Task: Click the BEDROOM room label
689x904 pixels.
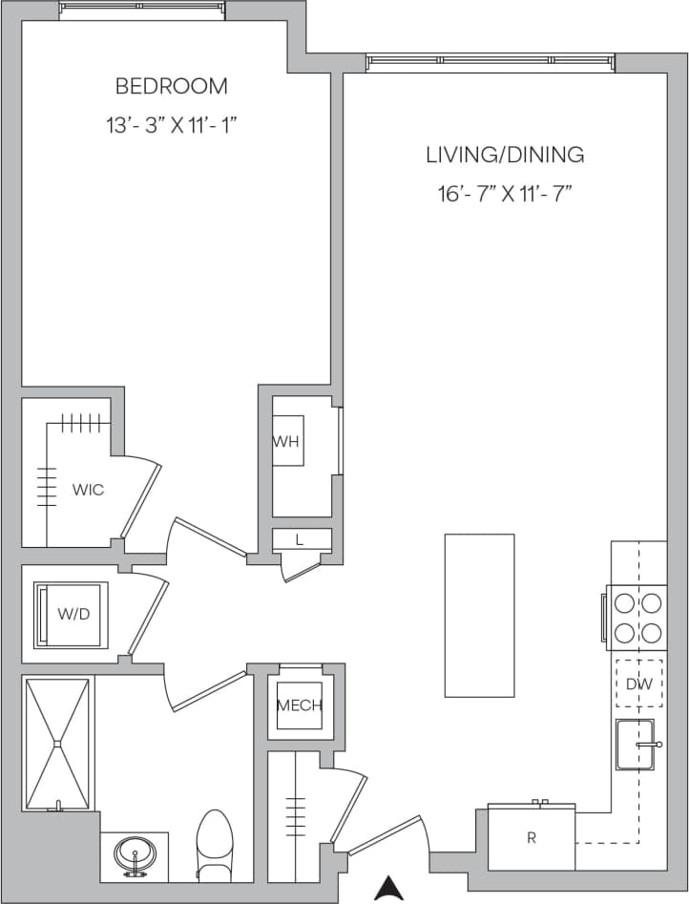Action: (x=172, y=86)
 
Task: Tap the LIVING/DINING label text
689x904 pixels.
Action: (x=505, y=155)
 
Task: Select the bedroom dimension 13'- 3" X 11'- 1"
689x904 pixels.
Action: (x=172, y=124)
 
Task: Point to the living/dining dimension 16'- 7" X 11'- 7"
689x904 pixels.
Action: (x=505, y=195)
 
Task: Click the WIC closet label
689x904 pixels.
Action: (x=88, y=490)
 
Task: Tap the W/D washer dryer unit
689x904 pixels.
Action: (x=73, y=614)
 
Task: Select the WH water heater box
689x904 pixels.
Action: (x=287, y=441)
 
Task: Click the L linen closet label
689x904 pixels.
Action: (x=300, y=540)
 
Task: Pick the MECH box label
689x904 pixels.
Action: (x=300, y=706)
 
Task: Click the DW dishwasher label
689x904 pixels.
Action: (x=638, y=683)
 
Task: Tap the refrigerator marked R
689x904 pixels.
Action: (x=532, y=838)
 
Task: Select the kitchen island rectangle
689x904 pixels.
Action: (x=479, y=615)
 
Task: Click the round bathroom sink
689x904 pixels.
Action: (x=135, y=852)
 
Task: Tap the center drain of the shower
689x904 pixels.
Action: (x=58, y=742)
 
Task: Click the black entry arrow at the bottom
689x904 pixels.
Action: (x=387, y=889)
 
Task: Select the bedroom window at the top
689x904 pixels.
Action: (x=143, y=8)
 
